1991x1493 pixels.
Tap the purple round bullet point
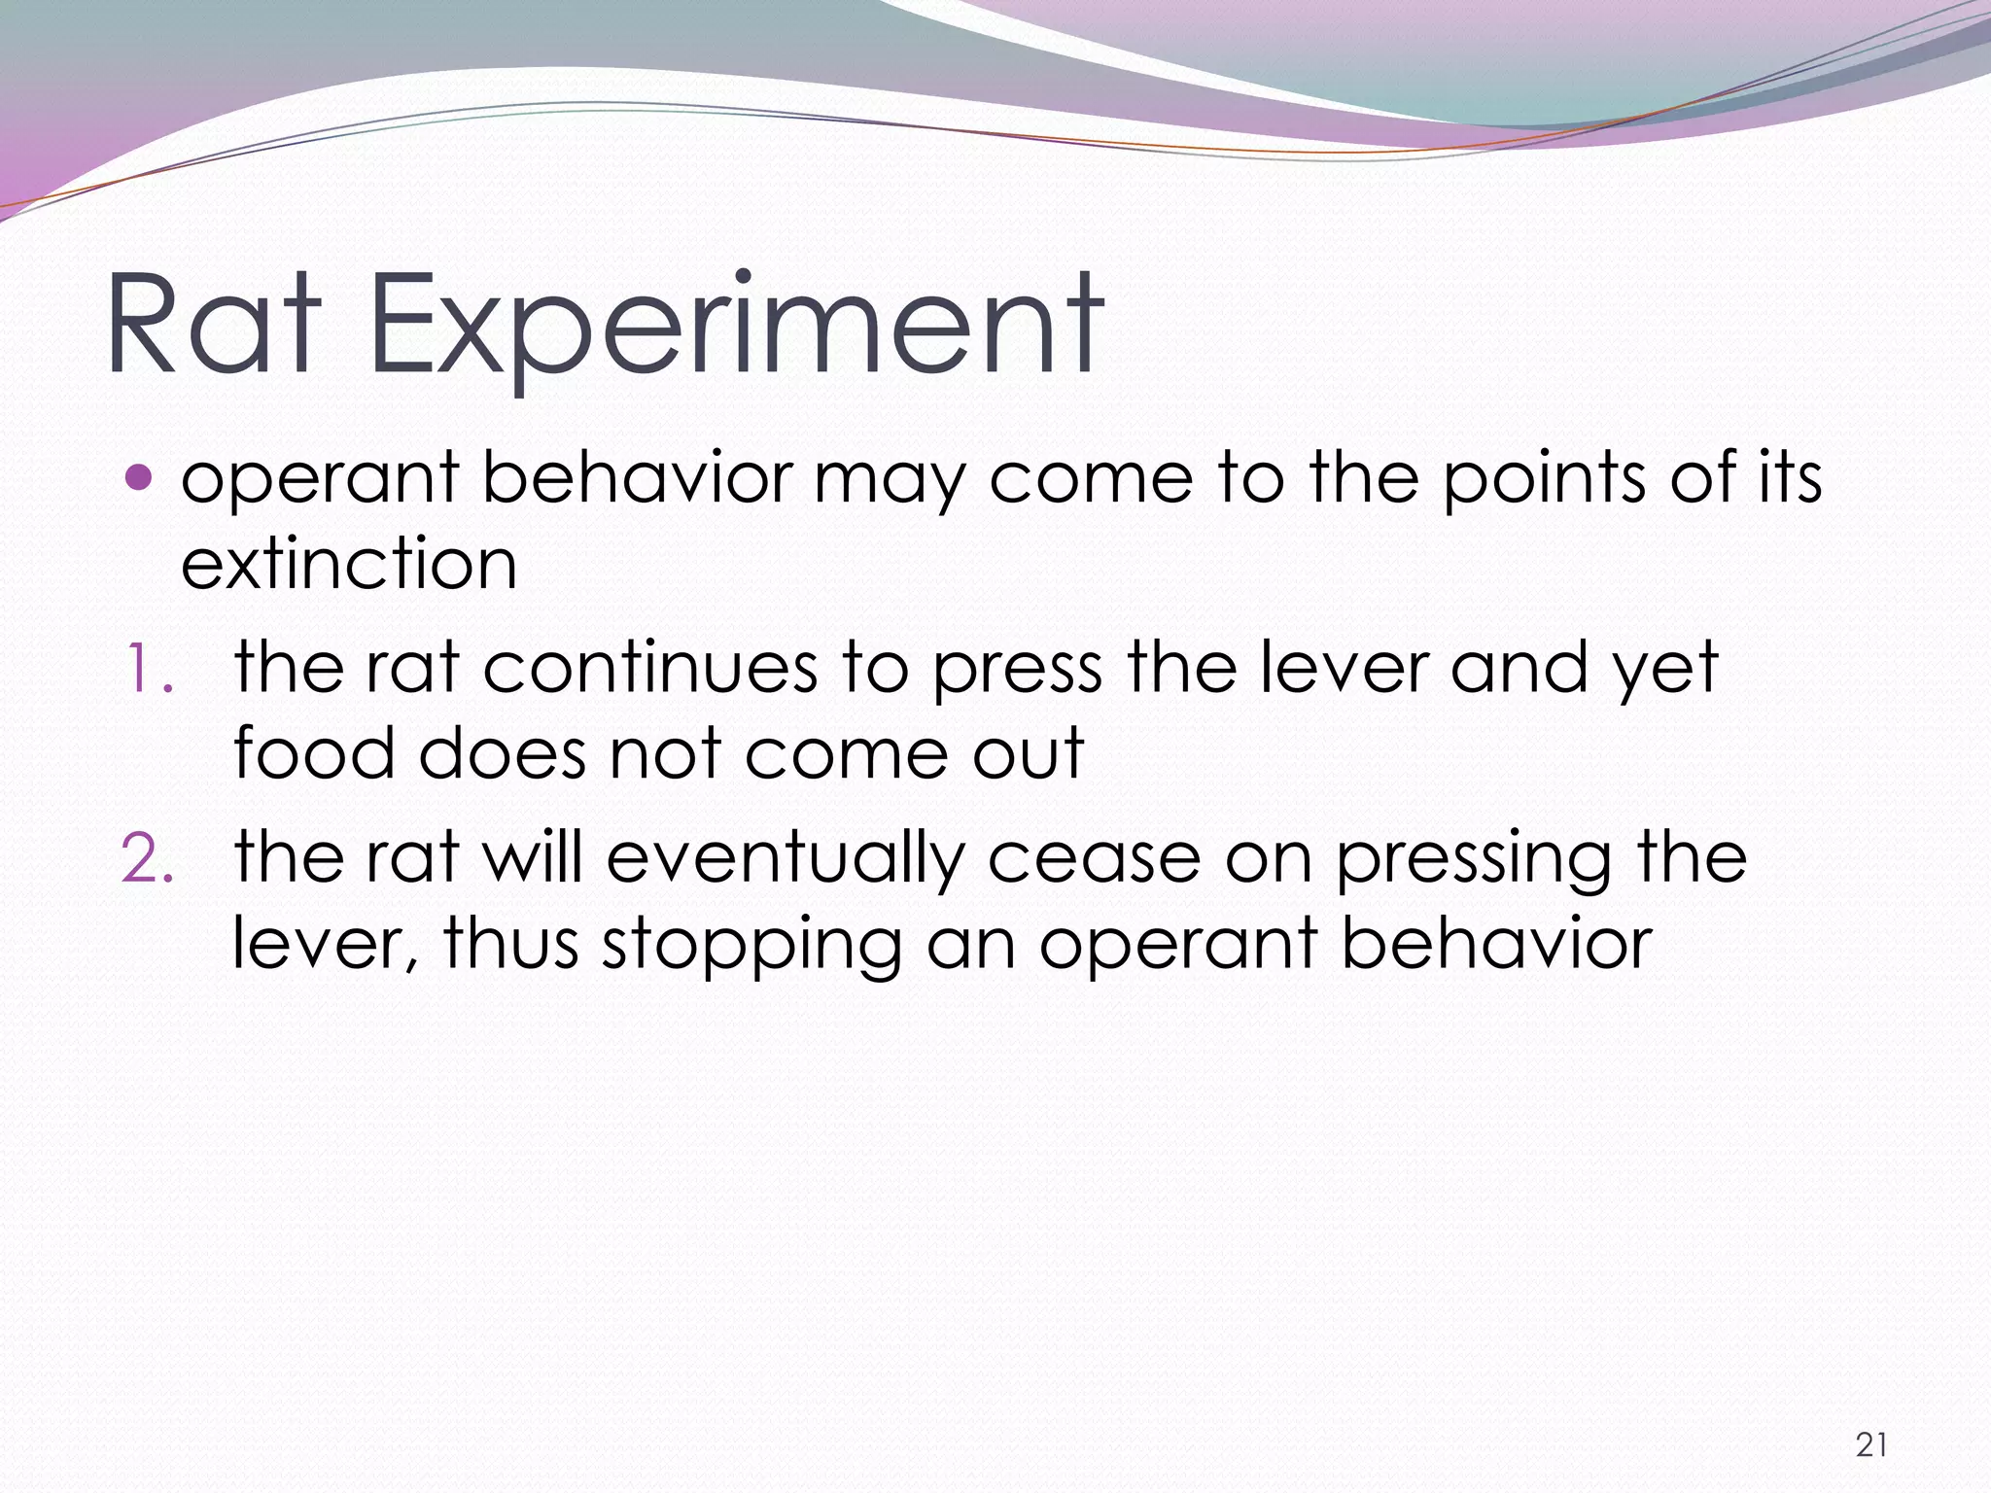point(140,477)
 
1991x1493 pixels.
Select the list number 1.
point(148,670)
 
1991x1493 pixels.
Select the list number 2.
point(148,859)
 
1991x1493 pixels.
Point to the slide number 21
point(1871,1444)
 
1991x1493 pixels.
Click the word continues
point(650,668)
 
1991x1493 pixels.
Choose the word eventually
point(786,859)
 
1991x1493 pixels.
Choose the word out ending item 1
point(1028,753)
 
